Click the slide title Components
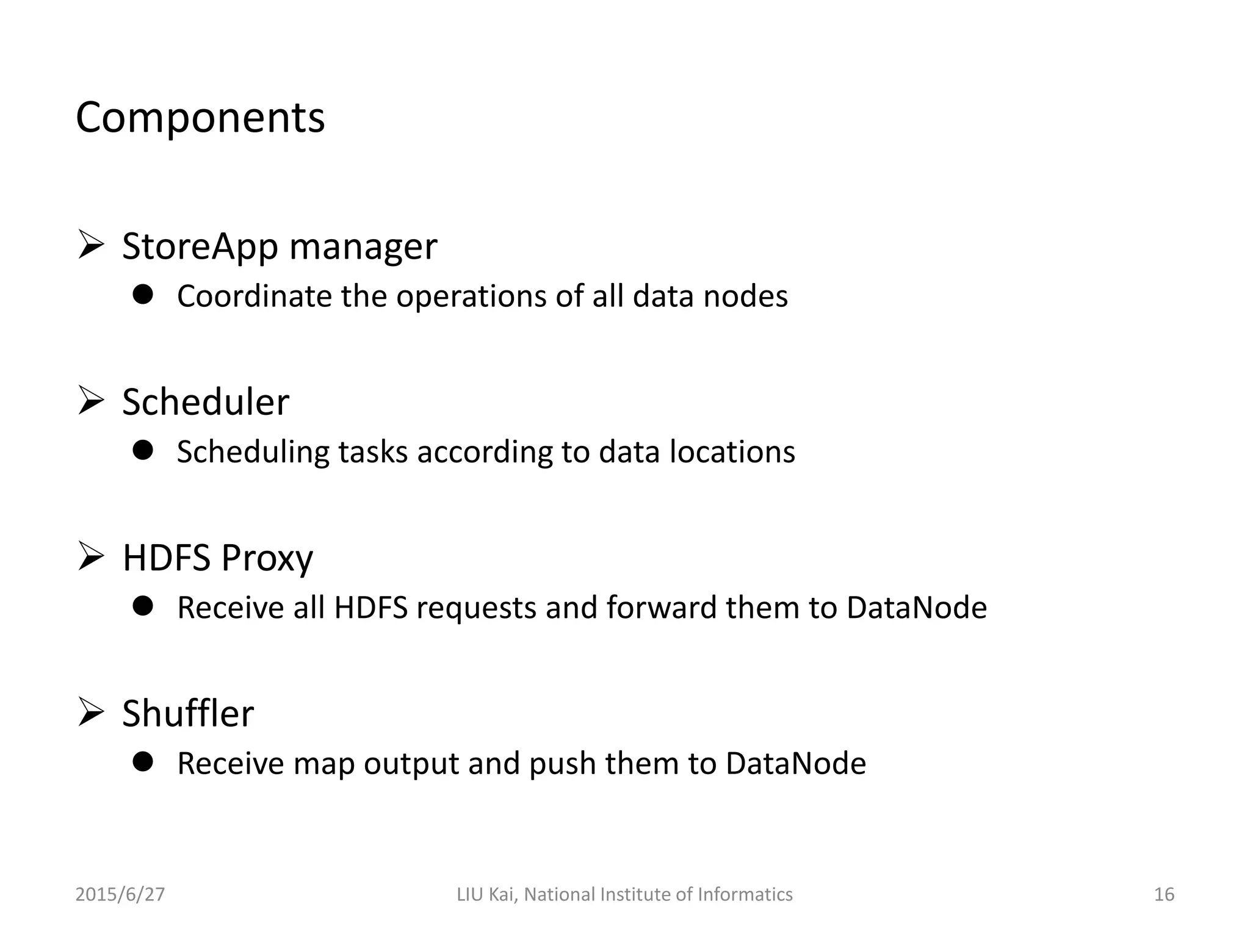tap(200, 118)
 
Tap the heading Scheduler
tap(206, 403)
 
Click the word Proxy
tap(267, 558)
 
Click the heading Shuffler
tap(188, 714)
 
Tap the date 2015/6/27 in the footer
tap(120, 894)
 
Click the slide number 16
tap(1164, 894)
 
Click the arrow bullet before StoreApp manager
tap(90, 245)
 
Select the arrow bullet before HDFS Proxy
tap(90, 556)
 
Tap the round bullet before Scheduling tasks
tap(143, 451)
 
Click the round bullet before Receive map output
tap(143, 762)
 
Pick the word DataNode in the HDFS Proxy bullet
tap(916, 608)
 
